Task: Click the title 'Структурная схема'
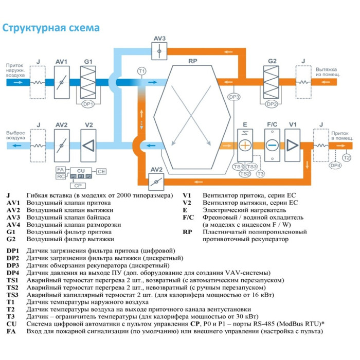click(51, 27)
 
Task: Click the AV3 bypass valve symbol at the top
click(159, 51)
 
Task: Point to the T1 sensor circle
click(141, 70)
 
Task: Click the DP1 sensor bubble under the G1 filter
click(88, 103)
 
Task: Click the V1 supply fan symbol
click(293, 145)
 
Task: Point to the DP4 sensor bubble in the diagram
click(335, 165)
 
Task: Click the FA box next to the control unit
click(60, 169)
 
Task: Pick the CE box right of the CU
click(101, 171)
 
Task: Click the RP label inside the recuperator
click(193, 61)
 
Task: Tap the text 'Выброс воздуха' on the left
click(15, 135)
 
